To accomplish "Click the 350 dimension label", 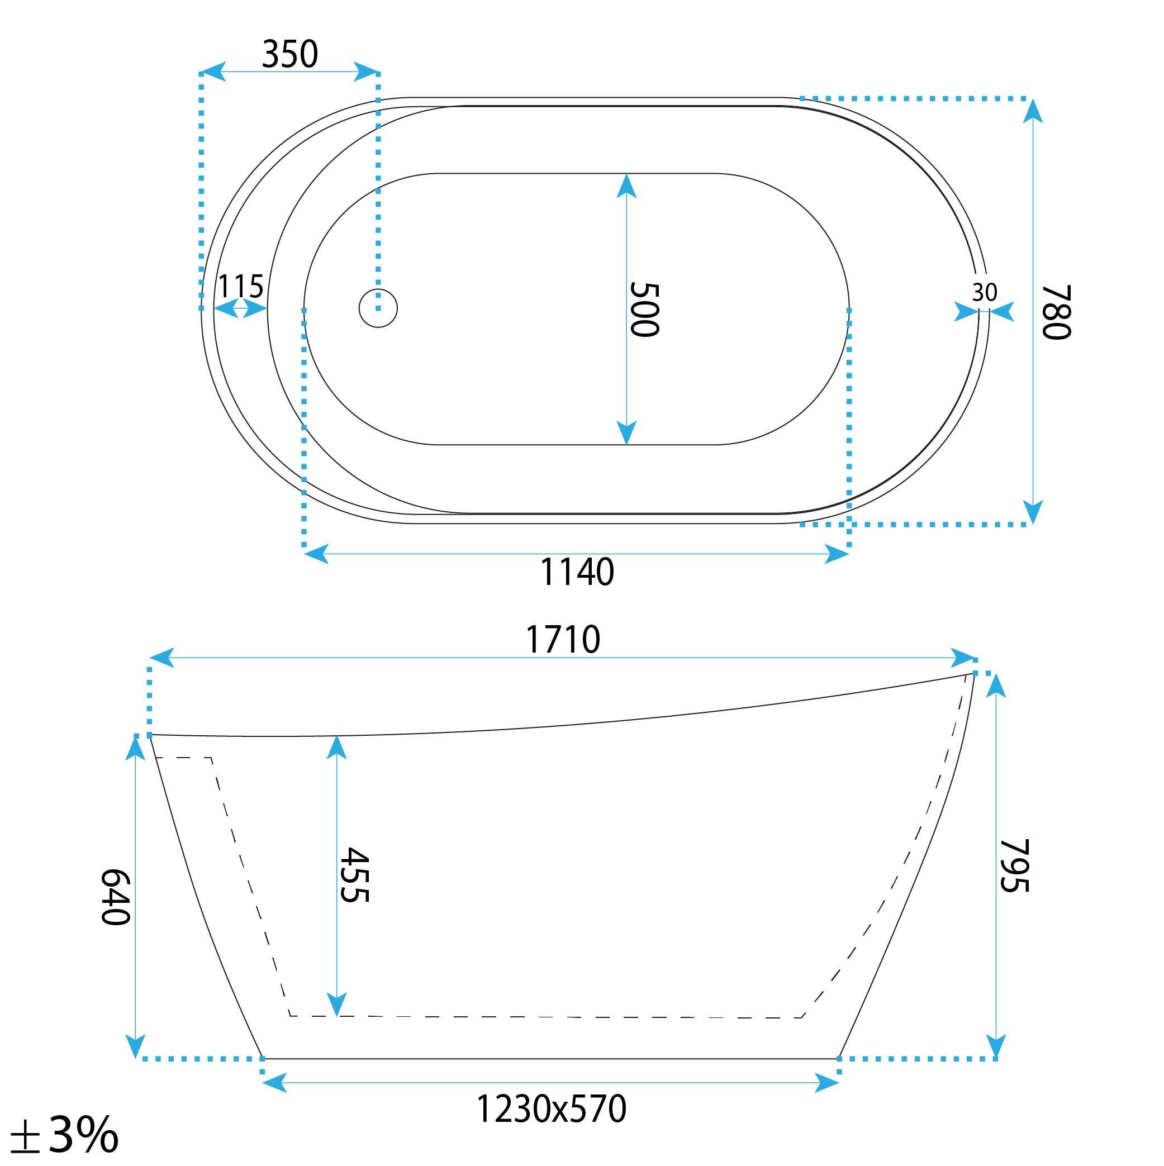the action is pos(290,54).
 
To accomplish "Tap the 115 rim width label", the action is pos(240,286).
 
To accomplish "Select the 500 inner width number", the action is pos(644,309).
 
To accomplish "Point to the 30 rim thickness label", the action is pos(984,293).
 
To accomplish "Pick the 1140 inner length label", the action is pos(577,572).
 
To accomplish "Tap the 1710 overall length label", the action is pos(563,640).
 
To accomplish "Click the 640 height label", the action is pos(115,896).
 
